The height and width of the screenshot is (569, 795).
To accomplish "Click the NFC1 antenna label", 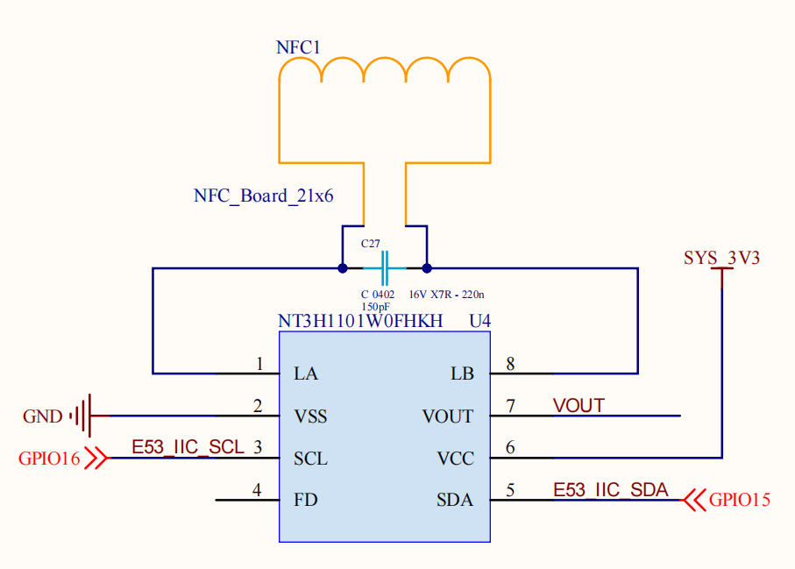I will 299,48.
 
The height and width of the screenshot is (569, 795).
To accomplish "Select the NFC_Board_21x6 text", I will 263,196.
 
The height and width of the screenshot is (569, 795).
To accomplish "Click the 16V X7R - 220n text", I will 447,295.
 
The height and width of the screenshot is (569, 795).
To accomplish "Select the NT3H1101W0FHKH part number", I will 360,322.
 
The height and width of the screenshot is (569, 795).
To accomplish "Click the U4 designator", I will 480,322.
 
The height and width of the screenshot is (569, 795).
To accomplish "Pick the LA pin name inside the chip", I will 306,374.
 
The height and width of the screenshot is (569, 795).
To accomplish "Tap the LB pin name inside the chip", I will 461,374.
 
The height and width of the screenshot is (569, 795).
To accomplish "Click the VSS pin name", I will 310,416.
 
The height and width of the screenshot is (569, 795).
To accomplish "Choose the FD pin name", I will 305,501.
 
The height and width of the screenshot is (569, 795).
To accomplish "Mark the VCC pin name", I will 455,459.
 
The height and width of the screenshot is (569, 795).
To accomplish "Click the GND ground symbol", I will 83,416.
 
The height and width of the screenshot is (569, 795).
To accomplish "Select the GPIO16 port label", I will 49,458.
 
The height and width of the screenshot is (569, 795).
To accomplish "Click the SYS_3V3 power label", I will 721,259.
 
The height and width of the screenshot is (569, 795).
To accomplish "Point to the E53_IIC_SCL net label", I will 188,447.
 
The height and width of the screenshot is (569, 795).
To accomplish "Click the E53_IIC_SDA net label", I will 610,489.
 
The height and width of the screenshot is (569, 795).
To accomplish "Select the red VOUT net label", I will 579,405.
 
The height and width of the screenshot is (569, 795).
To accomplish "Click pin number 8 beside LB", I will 509,363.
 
